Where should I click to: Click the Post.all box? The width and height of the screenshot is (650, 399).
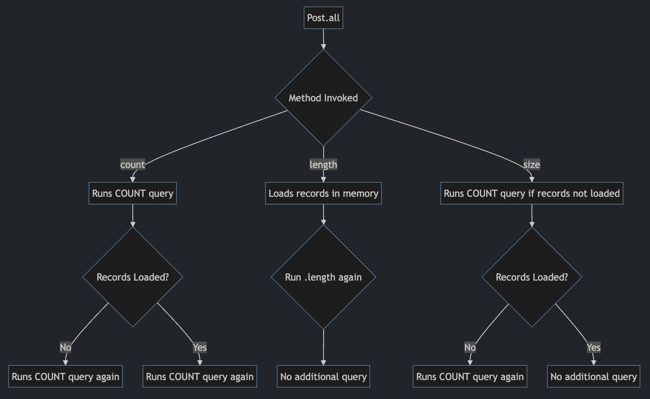[323, 18]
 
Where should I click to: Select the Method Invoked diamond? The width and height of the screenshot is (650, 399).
[323, 98]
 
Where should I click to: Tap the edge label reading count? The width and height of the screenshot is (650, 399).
[132, 165]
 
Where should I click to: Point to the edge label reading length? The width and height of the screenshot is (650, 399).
[323, 165]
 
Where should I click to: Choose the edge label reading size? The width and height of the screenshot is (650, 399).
[532, 165]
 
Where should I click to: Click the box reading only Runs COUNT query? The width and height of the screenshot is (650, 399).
[132, 193]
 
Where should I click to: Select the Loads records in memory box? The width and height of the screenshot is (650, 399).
[323, 193]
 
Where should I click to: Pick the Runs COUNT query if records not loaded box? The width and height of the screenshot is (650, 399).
[532, 193]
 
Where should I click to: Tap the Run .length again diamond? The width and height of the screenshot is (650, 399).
[323, 277]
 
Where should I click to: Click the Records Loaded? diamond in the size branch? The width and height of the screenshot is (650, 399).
[532, 277]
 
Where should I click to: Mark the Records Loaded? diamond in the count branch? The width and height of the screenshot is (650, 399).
[132, 277]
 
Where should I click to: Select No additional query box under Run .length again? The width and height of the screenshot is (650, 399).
[323, 376]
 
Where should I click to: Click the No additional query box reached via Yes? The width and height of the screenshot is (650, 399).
[593, 376]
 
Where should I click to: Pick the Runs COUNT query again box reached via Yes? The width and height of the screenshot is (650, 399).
[199, 376]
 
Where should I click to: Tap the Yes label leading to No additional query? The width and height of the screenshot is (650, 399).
[593, 347]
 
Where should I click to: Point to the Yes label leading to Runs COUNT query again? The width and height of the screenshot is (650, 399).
[199, 347]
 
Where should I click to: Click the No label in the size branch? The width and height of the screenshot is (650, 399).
[470, 347]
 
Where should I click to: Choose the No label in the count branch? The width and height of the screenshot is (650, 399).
[66, 347]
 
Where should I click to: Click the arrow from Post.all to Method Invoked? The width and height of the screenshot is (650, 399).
[323, 39]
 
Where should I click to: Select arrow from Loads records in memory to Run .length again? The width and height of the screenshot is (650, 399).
[323, 214]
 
